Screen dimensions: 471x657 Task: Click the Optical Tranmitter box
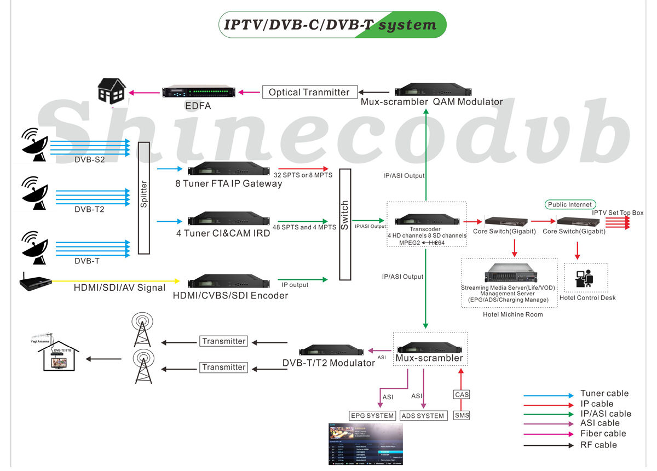coord(309,92)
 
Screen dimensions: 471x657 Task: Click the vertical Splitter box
coord(144,198)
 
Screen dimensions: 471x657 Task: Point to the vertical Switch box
coord(344,225)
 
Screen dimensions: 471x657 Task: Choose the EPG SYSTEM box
coord(372,416)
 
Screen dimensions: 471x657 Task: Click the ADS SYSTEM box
coord(423,416)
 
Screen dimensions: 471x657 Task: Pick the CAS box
coord(462,394)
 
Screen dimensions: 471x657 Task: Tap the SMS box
coord(462,416)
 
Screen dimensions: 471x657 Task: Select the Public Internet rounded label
coord(569,205)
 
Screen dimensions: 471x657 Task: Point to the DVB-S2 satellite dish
coord(34,144)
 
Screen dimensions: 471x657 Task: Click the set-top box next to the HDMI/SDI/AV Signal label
coord(35,283)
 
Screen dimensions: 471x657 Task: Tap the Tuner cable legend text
coord(604,393)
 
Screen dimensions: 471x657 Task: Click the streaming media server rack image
coord(509,273)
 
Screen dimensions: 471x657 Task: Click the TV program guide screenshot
coord(365,444)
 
